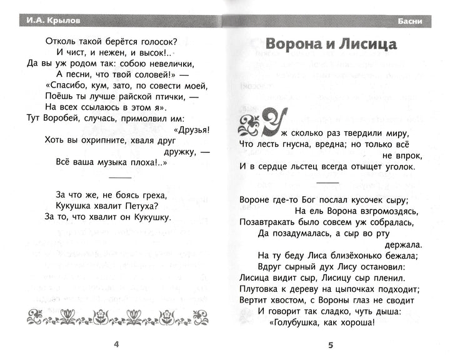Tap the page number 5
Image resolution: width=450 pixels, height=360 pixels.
[x=331, y=346]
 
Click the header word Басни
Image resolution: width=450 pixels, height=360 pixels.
[x=409, y=23]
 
